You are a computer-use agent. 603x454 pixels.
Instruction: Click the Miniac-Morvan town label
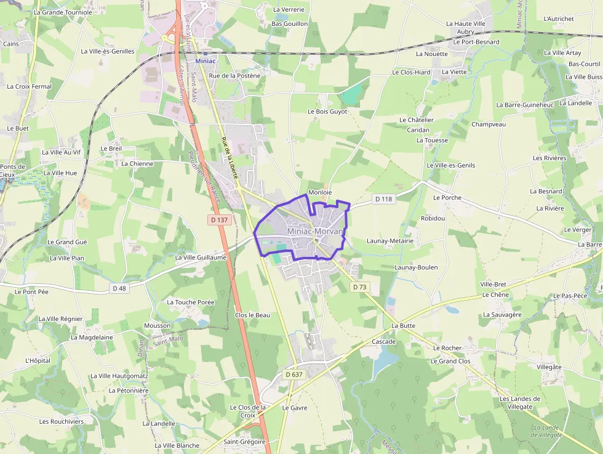tap(314, 231)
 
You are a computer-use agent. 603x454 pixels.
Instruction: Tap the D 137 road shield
tap(220, 219)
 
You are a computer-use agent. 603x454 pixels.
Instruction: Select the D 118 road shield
tap(383, 199)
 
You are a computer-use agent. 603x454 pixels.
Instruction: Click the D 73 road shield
tap(360, 287)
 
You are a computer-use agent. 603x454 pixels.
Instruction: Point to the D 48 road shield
tap(119, 288)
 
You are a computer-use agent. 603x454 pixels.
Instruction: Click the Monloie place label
tap(320, 192)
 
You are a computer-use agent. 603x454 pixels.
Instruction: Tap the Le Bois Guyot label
tap(327, 111)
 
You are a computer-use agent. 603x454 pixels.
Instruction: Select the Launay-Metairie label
tap(390, 241)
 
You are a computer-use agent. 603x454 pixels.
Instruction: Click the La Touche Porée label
tap(191, 302)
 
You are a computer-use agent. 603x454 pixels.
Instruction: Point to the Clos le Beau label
tap(252, 315)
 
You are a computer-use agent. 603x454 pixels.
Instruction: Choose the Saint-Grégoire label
tap(244, 442)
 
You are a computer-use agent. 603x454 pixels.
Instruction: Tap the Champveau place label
tap(489, 124)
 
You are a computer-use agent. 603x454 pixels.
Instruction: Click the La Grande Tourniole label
tap(63, 12)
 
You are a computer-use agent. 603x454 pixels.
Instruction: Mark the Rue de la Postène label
tap(234, 75)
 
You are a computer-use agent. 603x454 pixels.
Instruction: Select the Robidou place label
tap(433, 218)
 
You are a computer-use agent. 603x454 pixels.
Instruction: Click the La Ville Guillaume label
tap(201, 257)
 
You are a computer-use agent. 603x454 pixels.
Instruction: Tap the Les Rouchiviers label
tap(62, 421)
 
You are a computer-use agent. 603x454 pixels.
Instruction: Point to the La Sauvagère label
tap(502, 315)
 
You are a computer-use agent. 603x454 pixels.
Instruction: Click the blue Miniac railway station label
tap(206, 61)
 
